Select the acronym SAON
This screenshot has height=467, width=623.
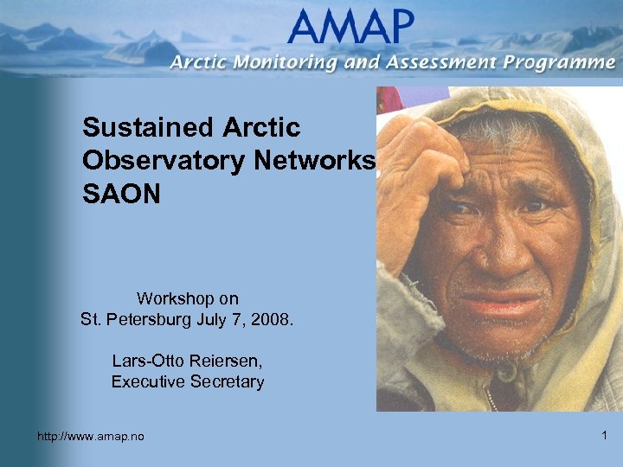[121, 194]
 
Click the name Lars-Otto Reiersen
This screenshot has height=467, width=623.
[187, 360]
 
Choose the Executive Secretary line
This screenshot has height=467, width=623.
[187, 381]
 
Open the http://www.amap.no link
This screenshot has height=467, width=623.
[91, 437]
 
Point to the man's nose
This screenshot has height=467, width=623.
[502, 251]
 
